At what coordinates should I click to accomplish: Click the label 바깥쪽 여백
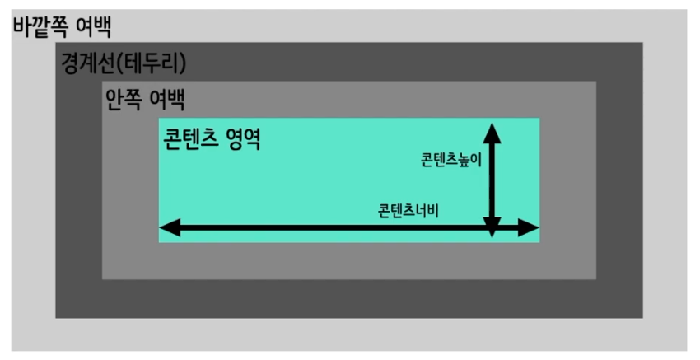pyautogui.click(x=62, y=26)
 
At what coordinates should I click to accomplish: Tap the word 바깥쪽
pyautogui.click(x=40, y=26)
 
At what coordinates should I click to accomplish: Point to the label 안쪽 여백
pyautogui.click(x=145, y=100)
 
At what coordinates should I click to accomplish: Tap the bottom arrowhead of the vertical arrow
pyautogui.click(x=492, y=231)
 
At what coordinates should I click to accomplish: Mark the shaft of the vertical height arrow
pyautogui.click(x=492, y=177)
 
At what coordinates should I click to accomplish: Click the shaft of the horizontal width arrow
pyautogui.click(x=329, y=228)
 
